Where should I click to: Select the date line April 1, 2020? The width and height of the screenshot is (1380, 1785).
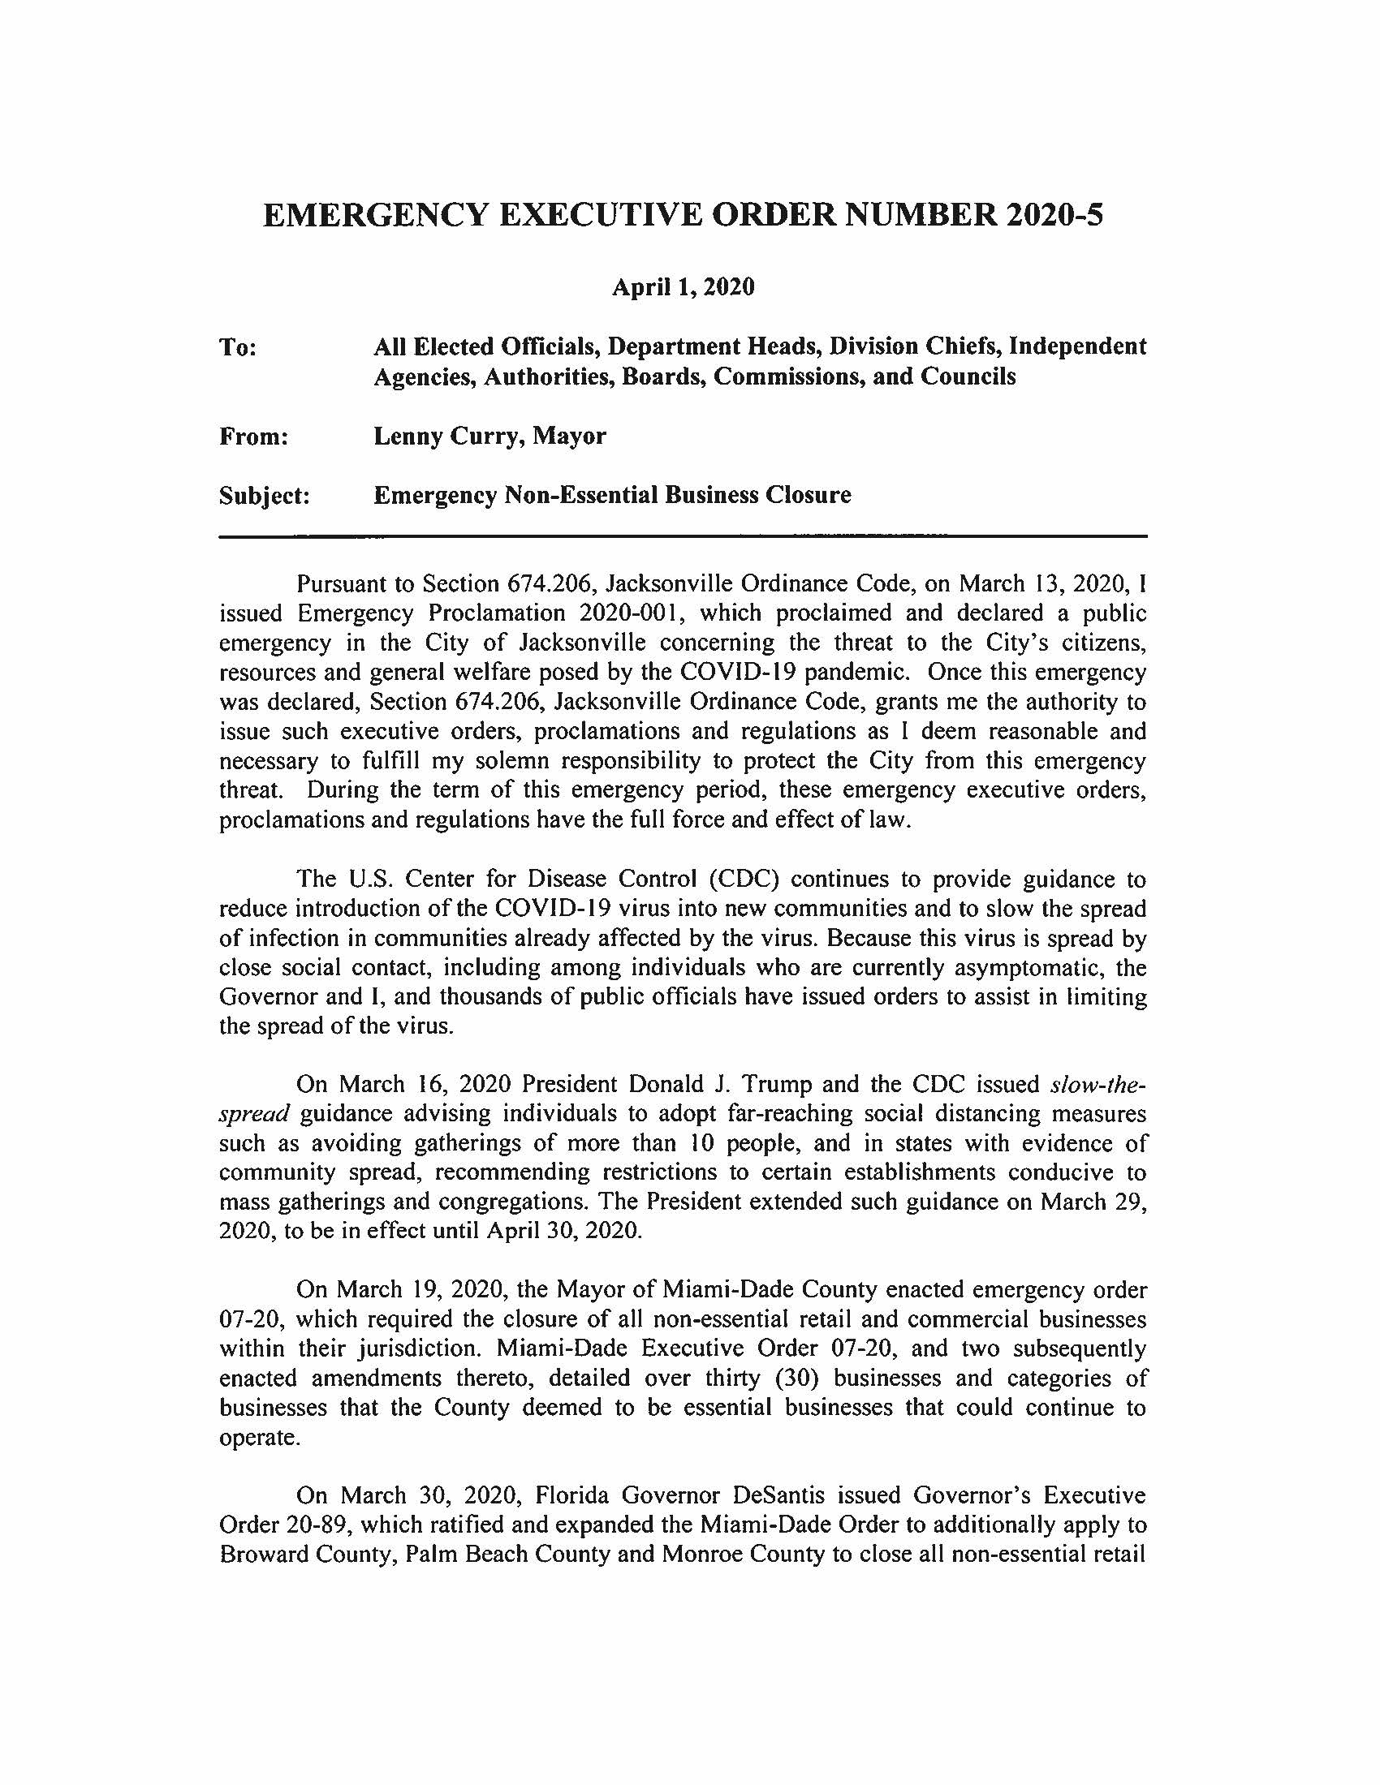tap(684, 288)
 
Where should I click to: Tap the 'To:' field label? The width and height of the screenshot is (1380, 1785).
tap(239, 347)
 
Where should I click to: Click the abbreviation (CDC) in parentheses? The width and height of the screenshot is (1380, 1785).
tap(742, 880)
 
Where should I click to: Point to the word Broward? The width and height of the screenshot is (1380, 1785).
tap(264, 1555)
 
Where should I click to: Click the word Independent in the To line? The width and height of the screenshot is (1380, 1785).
tap(1076, 347)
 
